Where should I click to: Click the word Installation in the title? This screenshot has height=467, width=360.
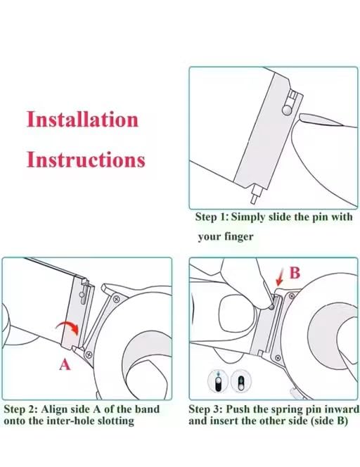click(82, 119)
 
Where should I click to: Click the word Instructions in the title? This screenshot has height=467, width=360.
click(86, 160)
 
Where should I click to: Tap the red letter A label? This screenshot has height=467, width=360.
click(65, 364)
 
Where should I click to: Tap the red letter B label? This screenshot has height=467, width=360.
click(295, 273)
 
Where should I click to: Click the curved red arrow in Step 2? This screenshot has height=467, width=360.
click(68, 325)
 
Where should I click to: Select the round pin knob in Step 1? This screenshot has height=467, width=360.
click(287, 110)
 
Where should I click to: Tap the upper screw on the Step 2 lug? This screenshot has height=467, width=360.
click(116, 298)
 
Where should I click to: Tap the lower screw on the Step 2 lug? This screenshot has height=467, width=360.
click(89, 354)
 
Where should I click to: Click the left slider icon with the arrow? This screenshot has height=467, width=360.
click(218, 380)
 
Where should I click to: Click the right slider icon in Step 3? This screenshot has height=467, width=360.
click(240, 380)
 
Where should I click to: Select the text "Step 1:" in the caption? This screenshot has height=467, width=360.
click(212, 217)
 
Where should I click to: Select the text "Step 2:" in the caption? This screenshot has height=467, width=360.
click(20, 409)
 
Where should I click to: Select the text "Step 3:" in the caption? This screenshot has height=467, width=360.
click(205, 409)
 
